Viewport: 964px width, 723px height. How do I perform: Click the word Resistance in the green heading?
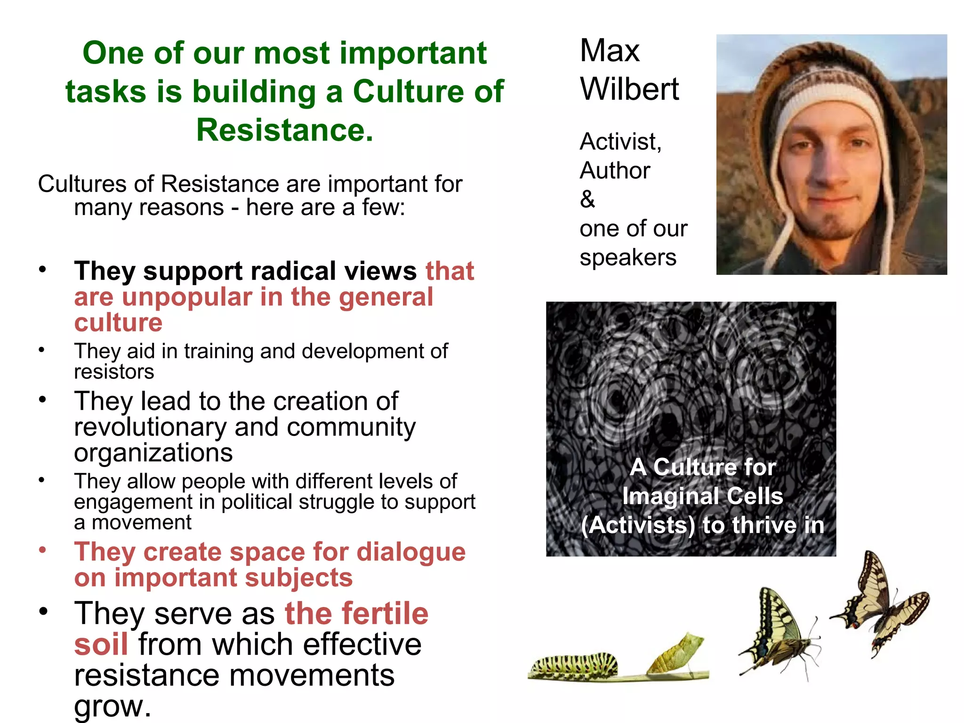coord(284,130)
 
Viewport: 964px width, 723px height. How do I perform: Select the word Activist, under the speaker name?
coord(620,141)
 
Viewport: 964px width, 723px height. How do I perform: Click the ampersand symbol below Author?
coord(587,199)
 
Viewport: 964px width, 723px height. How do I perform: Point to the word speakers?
coord(628,257)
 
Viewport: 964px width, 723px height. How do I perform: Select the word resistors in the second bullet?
coord(114,372)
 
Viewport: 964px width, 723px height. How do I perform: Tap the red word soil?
coord(101,644)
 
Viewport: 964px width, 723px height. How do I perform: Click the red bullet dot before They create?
coord(42,550)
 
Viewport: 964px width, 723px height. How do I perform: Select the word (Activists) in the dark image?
coord(637,525)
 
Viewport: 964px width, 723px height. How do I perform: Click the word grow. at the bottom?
coord(112,706)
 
